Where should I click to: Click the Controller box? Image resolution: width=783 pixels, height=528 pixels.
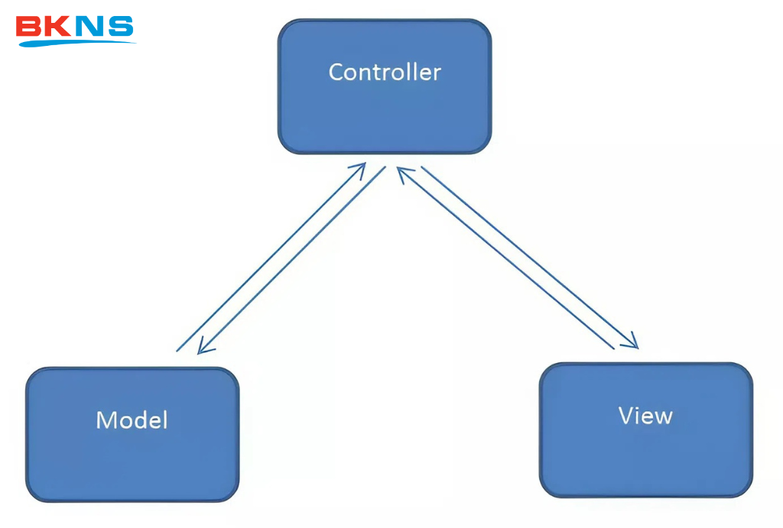point(385,86)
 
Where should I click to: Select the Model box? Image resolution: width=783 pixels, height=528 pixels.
point(132,434)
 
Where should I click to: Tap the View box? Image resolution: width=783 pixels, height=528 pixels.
point(646,429)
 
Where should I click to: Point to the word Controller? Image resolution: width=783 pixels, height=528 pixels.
point(385,73)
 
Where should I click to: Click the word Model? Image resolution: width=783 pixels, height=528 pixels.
point(132,419)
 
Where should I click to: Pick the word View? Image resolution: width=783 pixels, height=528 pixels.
point(645,415)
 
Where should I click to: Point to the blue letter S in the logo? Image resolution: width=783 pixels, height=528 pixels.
point(121,26)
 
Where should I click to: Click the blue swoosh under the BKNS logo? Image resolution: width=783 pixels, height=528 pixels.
point(75,43)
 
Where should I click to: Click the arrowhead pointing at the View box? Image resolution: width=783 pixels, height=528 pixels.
point(631,342)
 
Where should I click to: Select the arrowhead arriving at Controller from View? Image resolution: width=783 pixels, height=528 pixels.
point(404,173)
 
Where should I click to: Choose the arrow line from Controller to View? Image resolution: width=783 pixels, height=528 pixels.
point(530,258)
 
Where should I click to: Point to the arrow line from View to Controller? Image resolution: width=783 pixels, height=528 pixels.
point(505,258)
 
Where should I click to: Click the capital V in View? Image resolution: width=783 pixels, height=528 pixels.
point(626,415)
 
